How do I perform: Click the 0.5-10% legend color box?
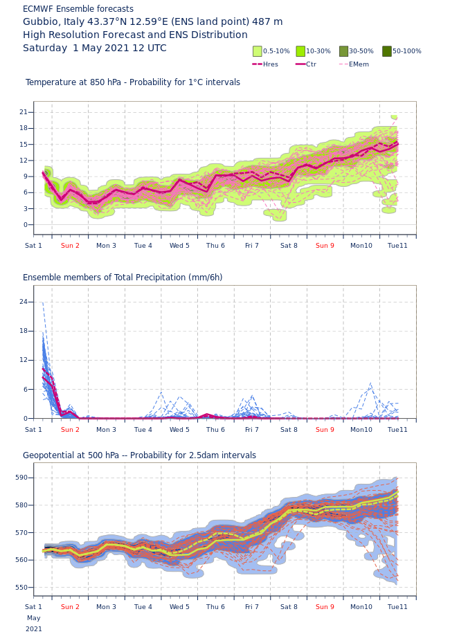coord(258,51)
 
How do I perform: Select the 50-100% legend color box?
coord(387,51)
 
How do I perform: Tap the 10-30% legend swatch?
coord(300,51)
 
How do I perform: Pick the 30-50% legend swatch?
coord(344,51)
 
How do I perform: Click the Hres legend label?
coord(270,64)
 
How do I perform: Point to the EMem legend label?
coord(359,64)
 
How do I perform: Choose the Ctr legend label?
coord(311,64)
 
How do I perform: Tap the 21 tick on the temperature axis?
coord(24,112)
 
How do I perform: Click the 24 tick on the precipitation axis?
coord(24,302)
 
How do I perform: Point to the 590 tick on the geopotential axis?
coord(21,478)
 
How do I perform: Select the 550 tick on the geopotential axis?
coord(21,588)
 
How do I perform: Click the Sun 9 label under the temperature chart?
coord(325,246)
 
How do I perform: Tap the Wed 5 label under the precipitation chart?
coord(179,430)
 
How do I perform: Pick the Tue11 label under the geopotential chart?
coord(397,607)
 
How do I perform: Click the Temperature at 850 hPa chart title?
coord(133,82)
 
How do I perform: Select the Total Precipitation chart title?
coord(123,278)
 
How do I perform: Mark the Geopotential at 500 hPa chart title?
coord(139,455)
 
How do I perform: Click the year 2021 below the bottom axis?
coord(34,629)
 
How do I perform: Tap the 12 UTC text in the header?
coord(147,48)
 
